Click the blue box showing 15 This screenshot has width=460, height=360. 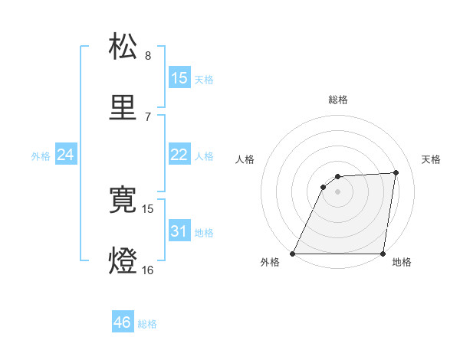pos(179,78)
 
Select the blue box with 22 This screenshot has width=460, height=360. pos(179,155)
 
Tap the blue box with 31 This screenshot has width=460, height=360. pos(179,231)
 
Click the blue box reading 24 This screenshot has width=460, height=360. pos(66,155)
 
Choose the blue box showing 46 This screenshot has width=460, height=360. pos(123,322)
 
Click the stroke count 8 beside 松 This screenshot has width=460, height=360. pos(148,56)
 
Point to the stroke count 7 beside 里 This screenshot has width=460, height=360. pos(148,116)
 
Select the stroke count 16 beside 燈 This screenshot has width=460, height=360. pos(148,270)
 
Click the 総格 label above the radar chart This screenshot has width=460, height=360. pos(338,100)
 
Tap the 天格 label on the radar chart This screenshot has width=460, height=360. pos(431,159)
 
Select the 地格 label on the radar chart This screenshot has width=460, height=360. pos(402,263)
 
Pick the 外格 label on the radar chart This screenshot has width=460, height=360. pos(270,263)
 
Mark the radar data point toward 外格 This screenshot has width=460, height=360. pos(293,254)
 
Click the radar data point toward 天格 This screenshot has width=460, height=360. pos(396,172)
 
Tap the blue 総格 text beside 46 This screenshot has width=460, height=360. pos(147,324)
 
